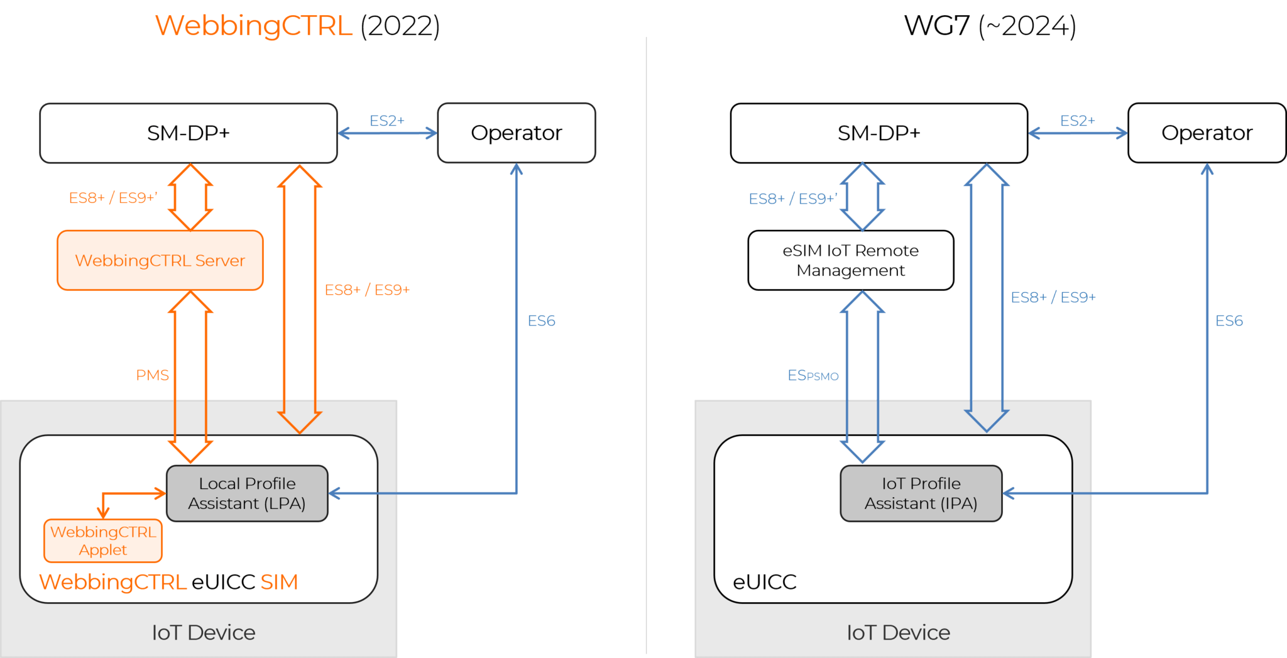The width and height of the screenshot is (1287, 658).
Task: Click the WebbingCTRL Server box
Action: click(x=160, y=260)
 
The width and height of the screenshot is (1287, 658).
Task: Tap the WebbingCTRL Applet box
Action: click(x=103, y=540)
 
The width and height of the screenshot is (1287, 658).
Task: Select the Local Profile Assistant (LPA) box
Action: click(x=247, y=493)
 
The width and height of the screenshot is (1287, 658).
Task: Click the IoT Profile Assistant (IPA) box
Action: click(x=921, y=493)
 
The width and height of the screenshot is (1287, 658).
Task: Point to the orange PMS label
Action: click(x=152, y=375)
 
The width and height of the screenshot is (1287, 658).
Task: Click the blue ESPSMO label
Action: click(x=813, y=376)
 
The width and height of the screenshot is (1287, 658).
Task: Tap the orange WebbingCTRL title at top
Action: click(x=254, y=26)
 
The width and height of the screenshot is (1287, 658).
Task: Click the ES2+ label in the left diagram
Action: click(x=386, y=121)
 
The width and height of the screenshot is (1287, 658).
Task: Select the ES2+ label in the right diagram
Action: click(x=1076, y=121)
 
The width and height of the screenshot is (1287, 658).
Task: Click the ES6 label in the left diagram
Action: click(x=541, y=321)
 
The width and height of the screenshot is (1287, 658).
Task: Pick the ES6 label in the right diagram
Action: click(x=1229, y=321)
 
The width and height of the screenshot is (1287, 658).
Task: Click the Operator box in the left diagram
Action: click(x=516, y=133)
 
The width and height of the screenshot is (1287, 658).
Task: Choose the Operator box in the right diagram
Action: click(x=1207, y=133)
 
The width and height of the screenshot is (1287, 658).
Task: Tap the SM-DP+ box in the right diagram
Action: click(x=879, y=133)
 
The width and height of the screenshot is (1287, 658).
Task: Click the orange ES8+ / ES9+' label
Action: click(x=113, y=198)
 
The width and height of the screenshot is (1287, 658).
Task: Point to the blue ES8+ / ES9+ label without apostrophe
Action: click(x=1053, y=297)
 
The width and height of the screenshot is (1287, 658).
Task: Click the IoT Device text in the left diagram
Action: click(x=203, y=632)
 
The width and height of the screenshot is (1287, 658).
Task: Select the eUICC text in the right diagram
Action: click(x=764, y=582)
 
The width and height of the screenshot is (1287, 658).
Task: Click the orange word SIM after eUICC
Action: click(x=279, y=582)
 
